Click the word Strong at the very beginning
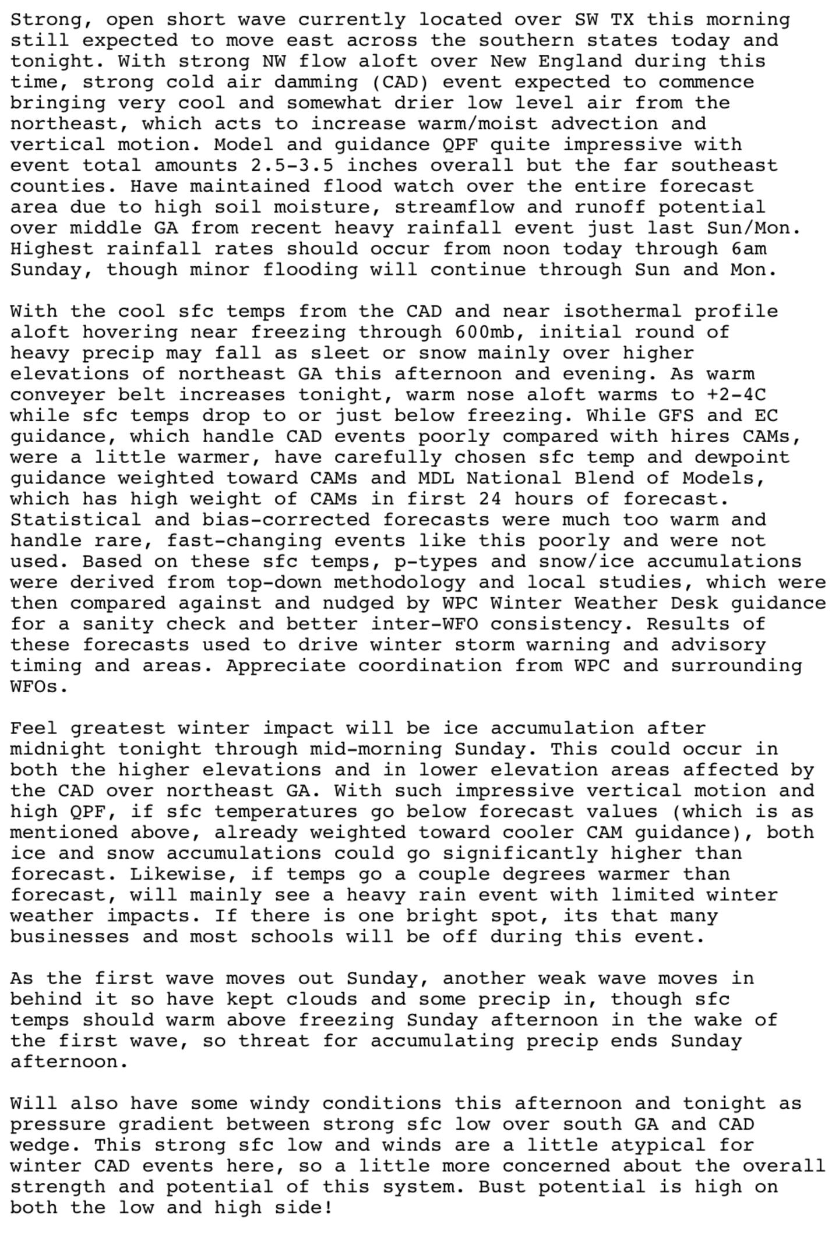(x=46, y=20)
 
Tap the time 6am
(x=748, y=249)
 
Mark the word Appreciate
(x=286, y=666)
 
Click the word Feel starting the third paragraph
(x=34, y=728)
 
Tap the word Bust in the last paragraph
(x=502, y=1187)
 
